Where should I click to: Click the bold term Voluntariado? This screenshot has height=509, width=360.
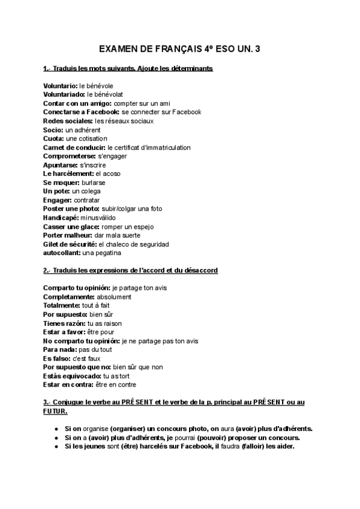point(64,95)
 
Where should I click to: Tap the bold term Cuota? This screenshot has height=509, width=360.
point(53,139)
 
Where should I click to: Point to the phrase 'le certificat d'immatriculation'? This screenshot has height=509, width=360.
point(149,147)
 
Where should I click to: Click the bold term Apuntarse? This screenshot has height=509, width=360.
point(60,164)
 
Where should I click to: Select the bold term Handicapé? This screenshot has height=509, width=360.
point(61,217)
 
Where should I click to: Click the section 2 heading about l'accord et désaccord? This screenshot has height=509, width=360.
point(130,271)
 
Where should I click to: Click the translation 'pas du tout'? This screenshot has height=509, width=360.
point(95,349)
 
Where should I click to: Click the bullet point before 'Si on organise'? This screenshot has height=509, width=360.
point(56,429)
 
